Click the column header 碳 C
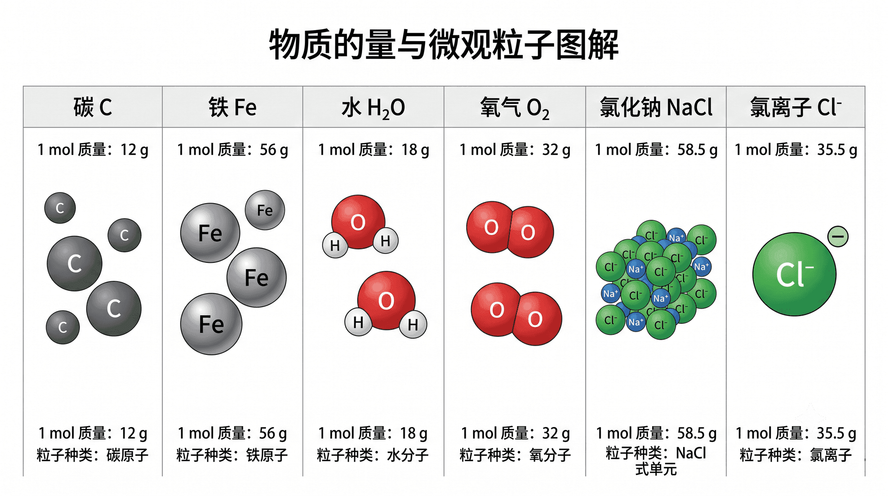[92, 107]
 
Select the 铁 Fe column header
[233, 107]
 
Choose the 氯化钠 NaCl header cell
[656, 107]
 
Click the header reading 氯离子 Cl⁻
[795, 107]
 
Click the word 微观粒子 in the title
[492, 44]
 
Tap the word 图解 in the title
[587, 44]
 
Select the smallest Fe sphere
[265, 210]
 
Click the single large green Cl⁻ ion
[794, 274]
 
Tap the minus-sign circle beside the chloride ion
[838, 236]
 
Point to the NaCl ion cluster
[656, 279]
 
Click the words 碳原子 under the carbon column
[128, 455]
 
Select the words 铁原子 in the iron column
[267, 455]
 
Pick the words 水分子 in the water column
[407, 455]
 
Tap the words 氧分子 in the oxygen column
[550, 455]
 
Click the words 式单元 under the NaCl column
[656, 469]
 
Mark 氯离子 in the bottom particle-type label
[831, 455]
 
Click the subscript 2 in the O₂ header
[546, 114]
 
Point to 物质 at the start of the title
[301, 44]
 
